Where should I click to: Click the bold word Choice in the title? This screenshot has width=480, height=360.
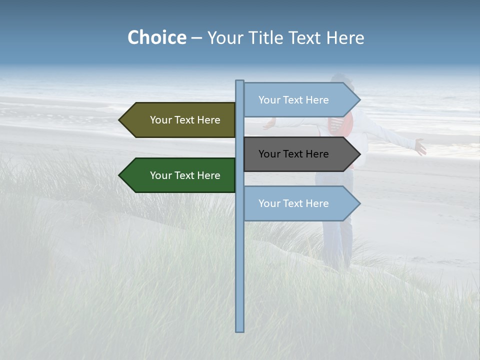click(156, 37)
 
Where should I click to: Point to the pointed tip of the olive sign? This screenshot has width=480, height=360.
click(120, 120)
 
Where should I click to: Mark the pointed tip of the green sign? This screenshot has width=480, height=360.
click(120, 175)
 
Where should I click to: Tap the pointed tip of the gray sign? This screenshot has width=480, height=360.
click(359, 154)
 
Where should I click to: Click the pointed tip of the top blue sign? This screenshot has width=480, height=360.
click(359, 100)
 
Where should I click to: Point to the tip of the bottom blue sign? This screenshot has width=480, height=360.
click(359, 203)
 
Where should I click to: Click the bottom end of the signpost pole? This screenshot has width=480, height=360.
click(239, 330)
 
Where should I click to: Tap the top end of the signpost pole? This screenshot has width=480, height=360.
click(239, 81)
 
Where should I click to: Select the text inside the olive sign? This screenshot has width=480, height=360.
click(185, 120)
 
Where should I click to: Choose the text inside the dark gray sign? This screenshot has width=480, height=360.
click(293, 154)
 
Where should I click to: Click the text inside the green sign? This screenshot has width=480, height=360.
click(185, 175)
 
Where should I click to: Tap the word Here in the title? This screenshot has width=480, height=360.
click(345, 38)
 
